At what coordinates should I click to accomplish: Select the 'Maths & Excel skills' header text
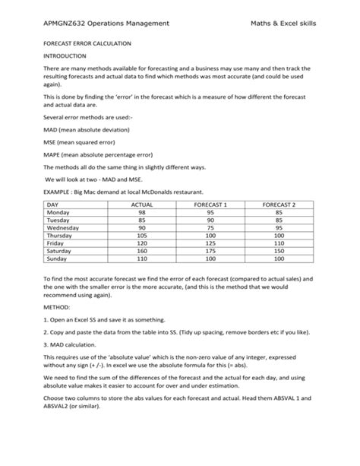[283, 24]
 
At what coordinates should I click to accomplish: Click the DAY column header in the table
[52, 205]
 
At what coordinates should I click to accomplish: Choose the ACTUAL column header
[142, 205]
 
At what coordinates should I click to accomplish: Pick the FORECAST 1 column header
[210, 205]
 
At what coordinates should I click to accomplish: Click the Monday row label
[58, 213]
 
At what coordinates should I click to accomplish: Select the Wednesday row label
[63, 228]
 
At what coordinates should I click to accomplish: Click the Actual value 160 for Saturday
[142, 251]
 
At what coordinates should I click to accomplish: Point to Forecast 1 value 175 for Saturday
[210, 251]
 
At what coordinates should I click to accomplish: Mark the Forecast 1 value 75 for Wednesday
[210, 228]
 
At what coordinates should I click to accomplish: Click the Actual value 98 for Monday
[142, 213]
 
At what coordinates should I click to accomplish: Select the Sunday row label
[57, 258]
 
